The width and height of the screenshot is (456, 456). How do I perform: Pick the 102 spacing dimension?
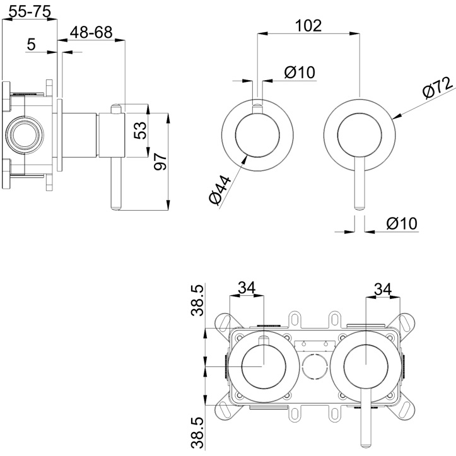coord(308,25)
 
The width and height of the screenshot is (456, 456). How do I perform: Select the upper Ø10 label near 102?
coord(299,73)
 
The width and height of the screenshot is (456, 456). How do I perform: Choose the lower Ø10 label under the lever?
coord(401,223)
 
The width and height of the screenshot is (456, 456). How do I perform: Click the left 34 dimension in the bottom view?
coord(247,288)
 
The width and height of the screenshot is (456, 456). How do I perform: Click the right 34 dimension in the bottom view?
coord(382,289)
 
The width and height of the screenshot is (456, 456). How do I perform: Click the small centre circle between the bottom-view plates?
coord(313,367)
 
